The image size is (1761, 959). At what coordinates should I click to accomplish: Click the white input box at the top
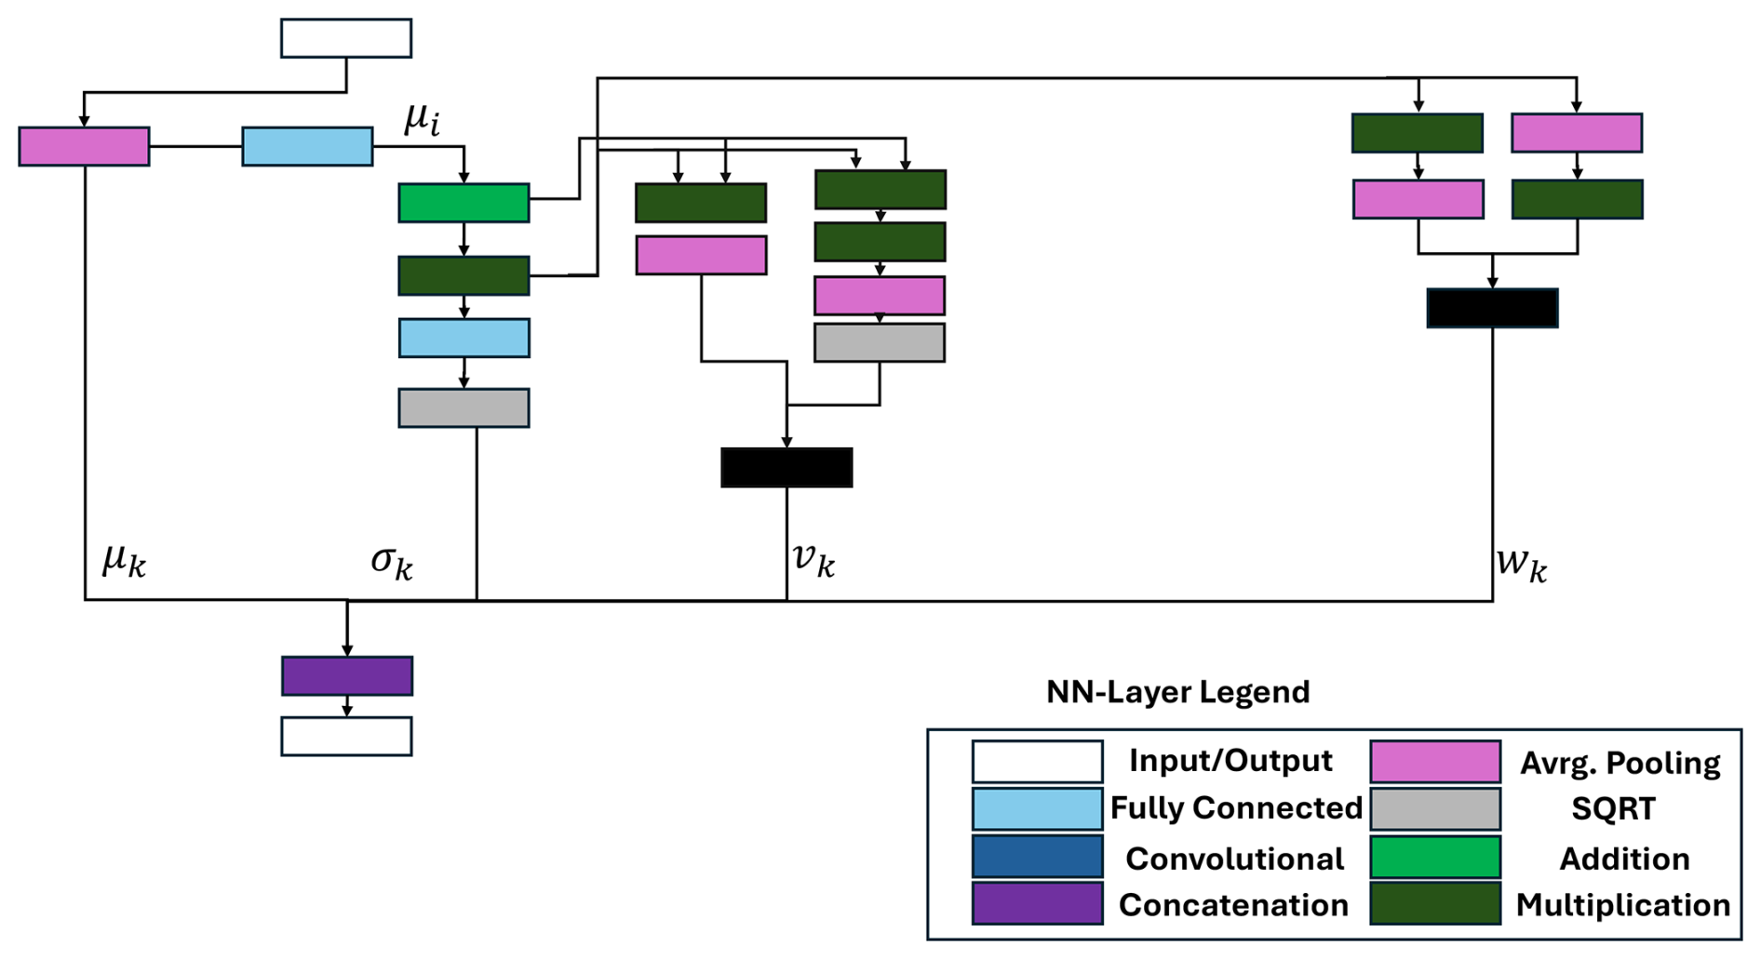point(346,38)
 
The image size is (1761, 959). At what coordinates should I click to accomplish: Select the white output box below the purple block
point(346,737)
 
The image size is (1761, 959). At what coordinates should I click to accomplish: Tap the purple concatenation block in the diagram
point(346,676)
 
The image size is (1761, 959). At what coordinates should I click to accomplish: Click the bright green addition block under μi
point(464,203)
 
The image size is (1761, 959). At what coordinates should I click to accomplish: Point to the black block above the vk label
point(786,467)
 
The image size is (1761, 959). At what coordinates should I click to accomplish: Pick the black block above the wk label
point(1492,308)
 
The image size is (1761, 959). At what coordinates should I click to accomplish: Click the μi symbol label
point(422,119)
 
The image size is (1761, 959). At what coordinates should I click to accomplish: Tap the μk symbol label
point(124,560)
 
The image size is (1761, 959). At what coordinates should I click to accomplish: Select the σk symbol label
point(392,561)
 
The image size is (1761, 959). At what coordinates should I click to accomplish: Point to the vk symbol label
point(813,559)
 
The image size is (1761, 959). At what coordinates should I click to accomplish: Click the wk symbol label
point(1521,563)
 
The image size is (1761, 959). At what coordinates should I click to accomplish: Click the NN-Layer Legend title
point(1177,692)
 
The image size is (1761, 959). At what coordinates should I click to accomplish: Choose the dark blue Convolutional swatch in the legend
point(1037,857)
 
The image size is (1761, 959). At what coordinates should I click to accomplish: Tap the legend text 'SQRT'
point(1613,809)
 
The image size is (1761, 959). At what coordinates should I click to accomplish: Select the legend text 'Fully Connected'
point(1236,808)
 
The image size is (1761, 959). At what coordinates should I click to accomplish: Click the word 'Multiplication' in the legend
point(1622,905)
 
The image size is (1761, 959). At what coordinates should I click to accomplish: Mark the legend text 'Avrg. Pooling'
point(1620,763)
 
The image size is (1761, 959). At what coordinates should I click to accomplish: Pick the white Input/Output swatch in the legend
point(1037,762)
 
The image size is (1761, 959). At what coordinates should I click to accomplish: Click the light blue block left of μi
point(307,147)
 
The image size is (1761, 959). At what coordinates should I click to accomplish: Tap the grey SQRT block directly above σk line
point(464,408)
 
